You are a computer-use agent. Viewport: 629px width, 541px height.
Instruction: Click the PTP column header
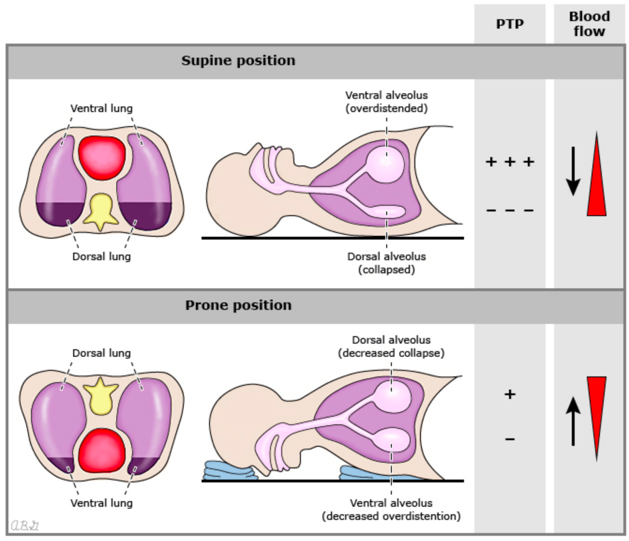(509, 24)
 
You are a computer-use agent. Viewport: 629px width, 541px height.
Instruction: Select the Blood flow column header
(589, 24)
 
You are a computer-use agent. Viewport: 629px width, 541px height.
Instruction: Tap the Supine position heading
(238, 60)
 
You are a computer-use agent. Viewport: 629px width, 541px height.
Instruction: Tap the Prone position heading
(238, 305)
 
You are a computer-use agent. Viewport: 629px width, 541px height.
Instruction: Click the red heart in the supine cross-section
(102, 157)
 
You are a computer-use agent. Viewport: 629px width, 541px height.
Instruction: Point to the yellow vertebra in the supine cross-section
(100, 211)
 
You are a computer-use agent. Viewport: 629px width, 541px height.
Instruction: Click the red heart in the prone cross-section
(102, 450)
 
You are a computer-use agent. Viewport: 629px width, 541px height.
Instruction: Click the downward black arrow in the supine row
(573, 171)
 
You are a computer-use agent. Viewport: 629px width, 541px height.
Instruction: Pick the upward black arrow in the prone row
(573, 421)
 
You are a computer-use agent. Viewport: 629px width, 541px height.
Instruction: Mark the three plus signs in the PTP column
(509, 162)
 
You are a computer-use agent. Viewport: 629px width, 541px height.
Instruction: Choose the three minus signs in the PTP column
(509, 210)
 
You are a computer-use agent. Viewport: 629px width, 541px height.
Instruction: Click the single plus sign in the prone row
(509, 394)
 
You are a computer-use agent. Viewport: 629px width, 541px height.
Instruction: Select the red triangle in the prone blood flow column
(596, 408)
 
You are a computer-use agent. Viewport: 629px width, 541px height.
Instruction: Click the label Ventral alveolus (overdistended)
(386, 102)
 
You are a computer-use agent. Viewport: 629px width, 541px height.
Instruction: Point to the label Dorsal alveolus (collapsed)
(386, 263)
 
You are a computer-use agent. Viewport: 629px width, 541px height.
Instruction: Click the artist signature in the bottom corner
(25, 526)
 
